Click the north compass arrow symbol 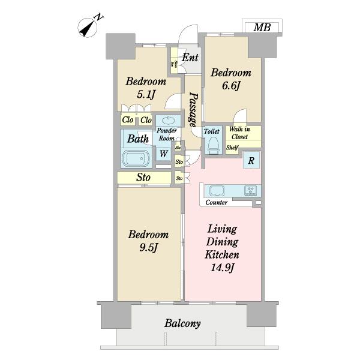point(88,28)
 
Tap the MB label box point(262,28)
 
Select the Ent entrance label point(190,57)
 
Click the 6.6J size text point(231,86)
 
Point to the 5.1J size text point(146,94)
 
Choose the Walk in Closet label point(239,133)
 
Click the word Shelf point(232,147)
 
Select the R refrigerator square point(251,160)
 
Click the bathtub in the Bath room point(136,158)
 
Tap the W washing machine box point(163,154)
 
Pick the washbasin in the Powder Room point(168,120)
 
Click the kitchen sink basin point(217,191)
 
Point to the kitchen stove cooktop point(251,191)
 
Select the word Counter point(216,202)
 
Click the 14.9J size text point(223,268)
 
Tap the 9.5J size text point(148,247)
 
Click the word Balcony point(182,323)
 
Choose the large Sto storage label point(143,177)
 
